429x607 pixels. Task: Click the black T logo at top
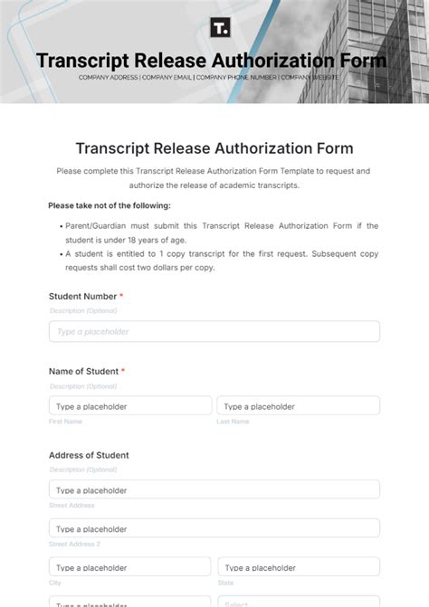coord(220,28)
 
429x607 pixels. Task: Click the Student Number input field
coord(214,331)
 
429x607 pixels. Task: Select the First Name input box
coord(129,406)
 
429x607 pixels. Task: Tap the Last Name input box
coord(298,406)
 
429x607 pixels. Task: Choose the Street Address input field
coord(214,489)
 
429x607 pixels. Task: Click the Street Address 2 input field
coord(214,528)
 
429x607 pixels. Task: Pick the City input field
coord(129,567)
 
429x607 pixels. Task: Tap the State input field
coord(298,567)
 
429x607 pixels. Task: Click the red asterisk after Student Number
coord(121,296)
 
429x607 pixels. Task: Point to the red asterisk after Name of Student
coord(123,371)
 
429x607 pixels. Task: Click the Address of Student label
coord(89,455)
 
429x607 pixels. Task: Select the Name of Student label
coord(83,371)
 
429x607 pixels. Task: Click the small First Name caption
coord(65,422)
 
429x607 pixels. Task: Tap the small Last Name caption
coord(233,422)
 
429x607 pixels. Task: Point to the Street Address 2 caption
coord(74,544)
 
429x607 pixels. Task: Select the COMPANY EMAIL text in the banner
coord(167,78)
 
